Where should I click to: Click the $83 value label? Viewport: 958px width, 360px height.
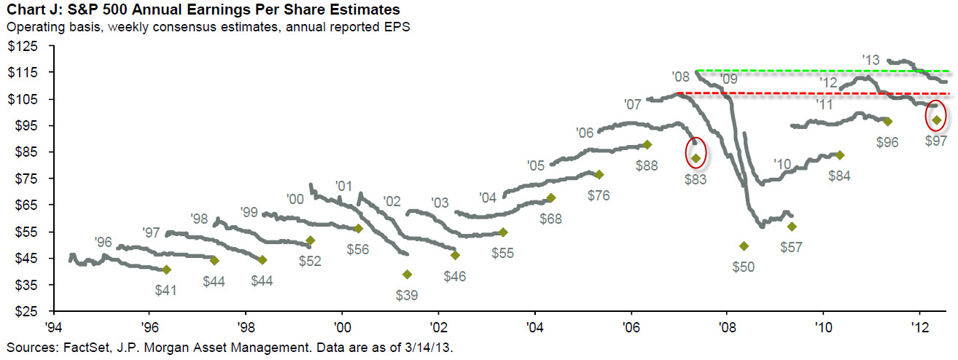point(696,179)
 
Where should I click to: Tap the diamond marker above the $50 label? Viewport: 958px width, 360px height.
point(744,246)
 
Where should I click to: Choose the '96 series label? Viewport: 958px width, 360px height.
point(104,242)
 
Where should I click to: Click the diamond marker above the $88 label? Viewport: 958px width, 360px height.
point(647,144)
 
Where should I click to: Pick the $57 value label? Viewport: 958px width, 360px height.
point(790,247)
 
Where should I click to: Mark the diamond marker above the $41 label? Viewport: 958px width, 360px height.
point(166,270)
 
